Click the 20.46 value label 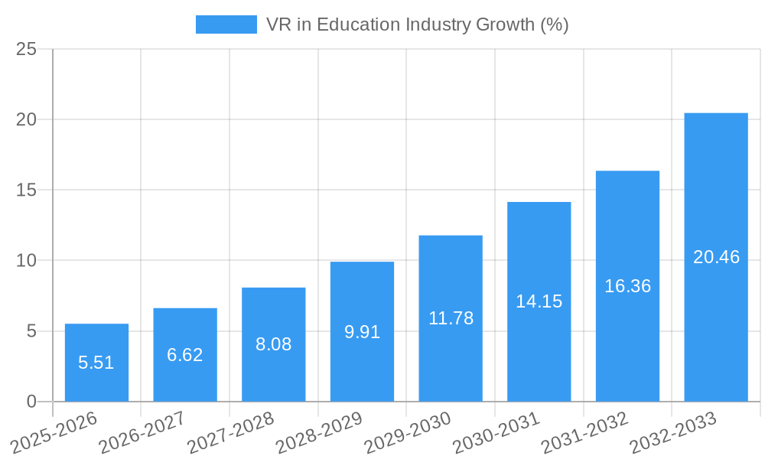coord(716,257)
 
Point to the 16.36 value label coord(627,286)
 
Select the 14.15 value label coord(539,301)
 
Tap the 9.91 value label coord(362,332)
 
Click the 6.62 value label coord(185,355)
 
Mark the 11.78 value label coord(451,318)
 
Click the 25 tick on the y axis coord(26,49)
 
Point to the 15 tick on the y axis coord(26,190)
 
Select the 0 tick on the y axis coord(31,402)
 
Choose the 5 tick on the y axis coord(31,331)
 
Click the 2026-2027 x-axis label coord(142,432)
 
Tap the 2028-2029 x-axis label coord(318,432)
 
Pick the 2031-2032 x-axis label coord(584,432)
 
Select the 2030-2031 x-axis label coord(495,432)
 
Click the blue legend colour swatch coord(226,24)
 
